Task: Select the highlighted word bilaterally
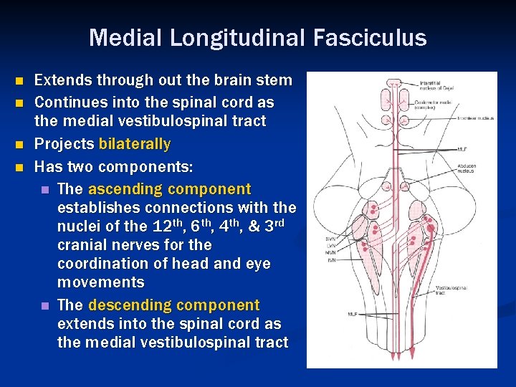[135, 144]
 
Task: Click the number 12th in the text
[166, 226]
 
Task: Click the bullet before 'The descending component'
[44, 306]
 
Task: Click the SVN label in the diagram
[330, 239]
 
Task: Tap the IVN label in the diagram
[330, 260]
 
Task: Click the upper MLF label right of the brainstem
[462, 150]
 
